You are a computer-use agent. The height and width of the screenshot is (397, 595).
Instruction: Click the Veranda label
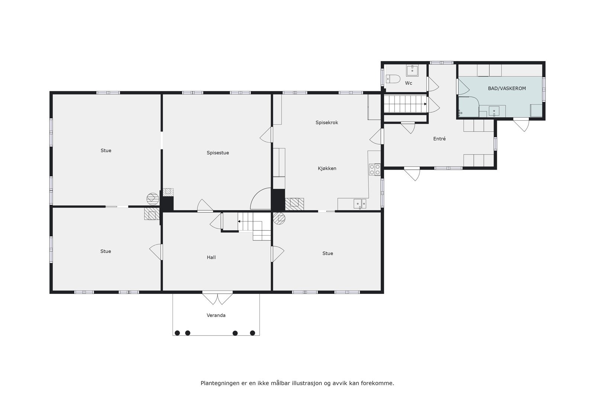click(216, 315)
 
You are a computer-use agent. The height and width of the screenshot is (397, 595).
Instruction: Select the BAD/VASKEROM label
click(507, 89)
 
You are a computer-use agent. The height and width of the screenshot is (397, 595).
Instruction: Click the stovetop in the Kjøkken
click(374, 170)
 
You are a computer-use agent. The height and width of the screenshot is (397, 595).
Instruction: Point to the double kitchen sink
click(360, 204)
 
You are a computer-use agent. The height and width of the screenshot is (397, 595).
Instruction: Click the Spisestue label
click(218, 153)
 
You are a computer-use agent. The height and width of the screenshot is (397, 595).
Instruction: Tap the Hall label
click(211, 257)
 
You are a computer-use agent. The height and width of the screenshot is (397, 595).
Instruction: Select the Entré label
click(439, 139)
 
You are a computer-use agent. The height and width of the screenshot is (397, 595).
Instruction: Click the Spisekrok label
click(327, 122)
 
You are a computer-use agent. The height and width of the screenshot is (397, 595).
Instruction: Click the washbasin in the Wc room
click(412, 70)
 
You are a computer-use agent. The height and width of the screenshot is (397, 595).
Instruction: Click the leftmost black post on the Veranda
click(177, 333)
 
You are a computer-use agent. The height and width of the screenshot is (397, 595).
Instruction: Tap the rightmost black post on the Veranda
click(253, 333)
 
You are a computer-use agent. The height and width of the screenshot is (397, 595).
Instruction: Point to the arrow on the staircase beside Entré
click(425, 104)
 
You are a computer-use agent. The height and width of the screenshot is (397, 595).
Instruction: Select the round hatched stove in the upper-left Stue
click(152, 198)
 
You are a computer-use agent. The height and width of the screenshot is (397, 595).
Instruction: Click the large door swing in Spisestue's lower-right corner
click(260, 199)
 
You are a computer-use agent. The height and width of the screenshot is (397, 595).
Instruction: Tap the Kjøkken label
click(327, 168)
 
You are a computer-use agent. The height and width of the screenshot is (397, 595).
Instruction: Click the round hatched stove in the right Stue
click(279, 218)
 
